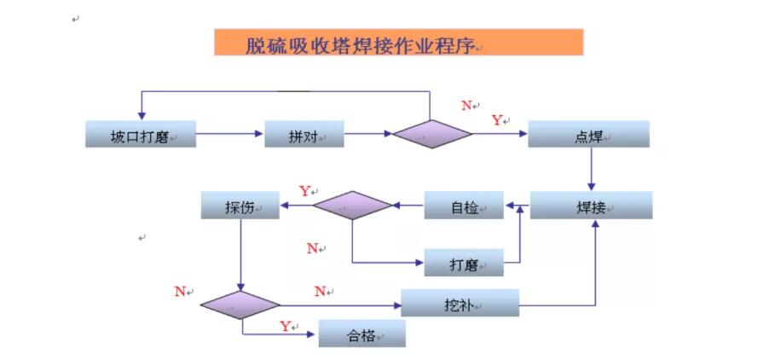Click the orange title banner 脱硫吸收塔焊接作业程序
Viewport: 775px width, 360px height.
[398, 43]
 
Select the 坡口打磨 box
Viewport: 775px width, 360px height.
[141, 135]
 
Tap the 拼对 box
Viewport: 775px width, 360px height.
[304, 135]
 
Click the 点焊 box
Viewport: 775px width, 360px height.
[588, 135]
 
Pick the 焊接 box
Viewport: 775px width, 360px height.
[591, 206]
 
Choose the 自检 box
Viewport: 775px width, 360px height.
[464, 206]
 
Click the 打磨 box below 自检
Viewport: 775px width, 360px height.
[464, 264]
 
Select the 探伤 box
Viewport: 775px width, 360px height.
[240, 206]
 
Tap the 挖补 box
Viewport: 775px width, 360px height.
[460, 303]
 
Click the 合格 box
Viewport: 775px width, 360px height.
[361, 334]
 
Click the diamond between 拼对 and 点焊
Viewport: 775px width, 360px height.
[431, 135]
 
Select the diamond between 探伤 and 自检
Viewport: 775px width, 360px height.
[351, 206]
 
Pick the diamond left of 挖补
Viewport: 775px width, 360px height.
[240, 304]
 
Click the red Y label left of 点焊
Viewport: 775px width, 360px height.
[496, 121]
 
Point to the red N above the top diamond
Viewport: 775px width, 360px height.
[466, 106]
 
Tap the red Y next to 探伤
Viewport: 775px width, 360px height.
[304, 191]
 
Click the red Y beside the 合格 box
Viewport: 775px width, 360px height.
[286, 326]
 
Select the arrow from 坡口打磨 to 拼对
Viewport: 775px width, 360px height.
[230, 134]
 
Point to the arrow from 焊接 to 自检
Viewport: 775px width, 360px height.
[517, 206]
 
